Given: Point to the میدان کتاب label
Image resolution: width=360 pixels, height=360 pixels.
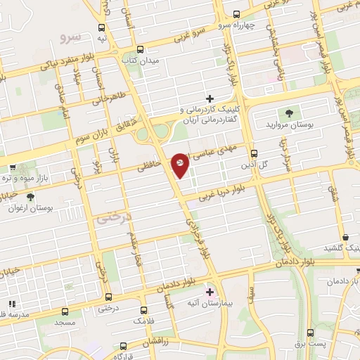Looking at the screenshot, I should [151, 61].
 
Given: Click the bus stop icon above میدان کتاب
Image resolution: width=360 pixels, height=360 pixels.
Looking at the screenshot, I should [140, 49].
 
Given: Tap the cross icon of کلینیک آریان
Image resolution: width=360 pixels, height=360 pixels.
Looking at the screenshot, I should [210, 98].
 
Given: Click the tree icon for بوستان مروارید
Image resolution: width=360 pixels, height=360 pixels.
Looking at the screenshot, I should [288, 112].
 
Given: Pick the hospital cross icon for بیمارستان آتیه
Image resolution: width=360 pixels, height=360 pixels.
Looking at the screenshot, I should [209, 290].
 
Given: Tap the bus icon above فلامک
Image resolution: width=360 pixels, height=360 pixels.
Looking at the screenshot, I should [143, 309].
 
